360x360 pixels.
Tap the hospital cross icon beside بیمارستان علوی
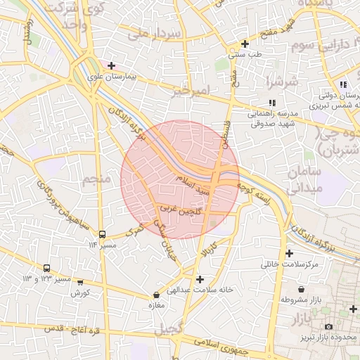coord(111,65)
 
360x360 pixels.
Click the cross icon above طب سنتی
coord(244,44)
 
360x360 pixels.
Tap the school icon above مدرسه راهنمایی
coord(272,103)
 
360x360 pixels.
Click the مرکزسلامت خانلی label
coord(290,264)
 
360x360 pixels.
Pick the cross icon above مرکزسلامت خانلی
coord(289,253)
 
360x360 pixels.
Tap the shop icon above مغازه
coord(156,295)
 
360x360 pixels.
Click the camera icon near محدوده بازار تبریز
coord(328,327)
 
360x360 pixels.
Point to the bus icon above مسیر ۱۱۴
coord(103,234)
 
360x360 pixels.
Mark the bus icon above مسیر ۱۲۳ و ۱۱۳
coord(47,268)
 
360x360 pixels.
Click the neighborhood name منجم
coord(96,179)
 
